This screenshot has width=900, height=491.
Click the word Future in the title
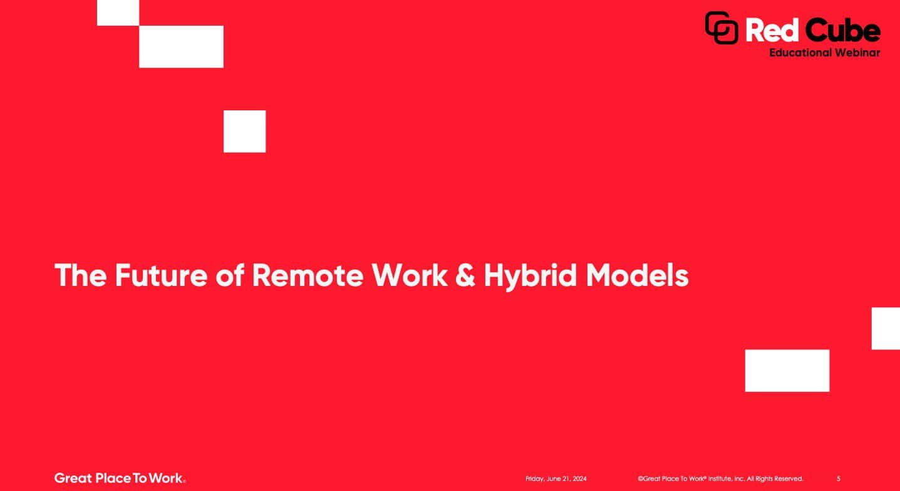tap(161, 275)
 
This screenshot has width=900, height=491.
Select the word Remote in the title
tap(308, 275)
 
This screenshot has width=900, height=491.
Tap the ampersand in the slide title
tap(465, 275)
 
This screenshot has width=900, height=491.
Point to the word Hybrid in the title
tap(530, 277)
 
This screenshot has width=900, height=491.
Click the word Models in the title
tap(637, 275)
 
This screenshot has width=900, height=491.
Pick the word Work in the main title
tap(410, 275)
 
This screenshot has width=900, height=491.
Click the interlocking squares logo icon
tap(722, 28)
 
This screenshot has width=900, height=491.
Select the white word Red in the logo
tap(772, 30)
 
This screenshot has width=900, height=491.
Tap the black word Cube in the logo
tap(842, 29)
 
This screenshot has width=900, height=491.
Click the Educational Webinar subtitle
tap(824, 53)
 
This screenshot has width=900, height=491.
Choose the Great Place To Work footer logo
tap(120, 478)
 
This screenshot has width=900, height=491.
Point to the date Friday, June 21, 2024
tap(556, 478)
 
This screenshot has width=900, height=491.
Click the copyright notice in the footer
tap(720, 478)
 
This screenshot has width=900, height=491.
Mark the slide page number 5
tap(839, 478)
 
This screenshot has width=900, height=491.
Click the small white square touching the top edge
tap(118, 13)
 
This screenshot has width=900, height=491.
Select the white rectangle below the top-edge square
tap(181, 46)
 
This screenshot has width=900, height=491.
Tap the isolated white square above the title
tap(245, 132)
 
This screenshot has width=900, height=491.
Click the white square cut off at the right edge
tap(886, 329)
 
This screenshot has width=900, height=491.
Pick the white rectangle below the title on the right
tap(787, 371)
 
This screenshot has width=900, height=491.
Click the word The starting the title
tap(81, 275)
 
